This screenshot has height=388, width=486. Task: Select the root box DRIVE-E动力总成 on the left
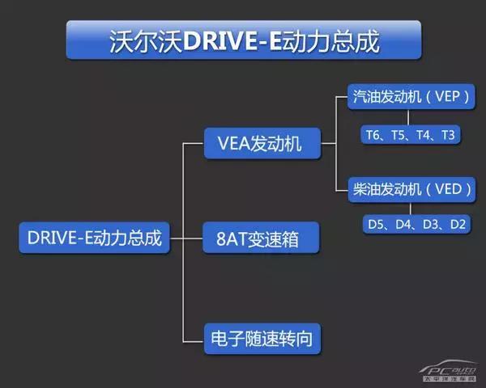[x=94, y=238]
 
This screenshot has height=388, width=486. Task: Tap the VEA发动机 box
[x=259, y=144]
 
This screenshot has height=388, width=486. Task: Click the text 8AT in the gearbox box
[x=228, y=239]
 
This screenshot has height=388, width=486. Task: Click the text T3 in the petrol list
[x=448, y=135]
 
